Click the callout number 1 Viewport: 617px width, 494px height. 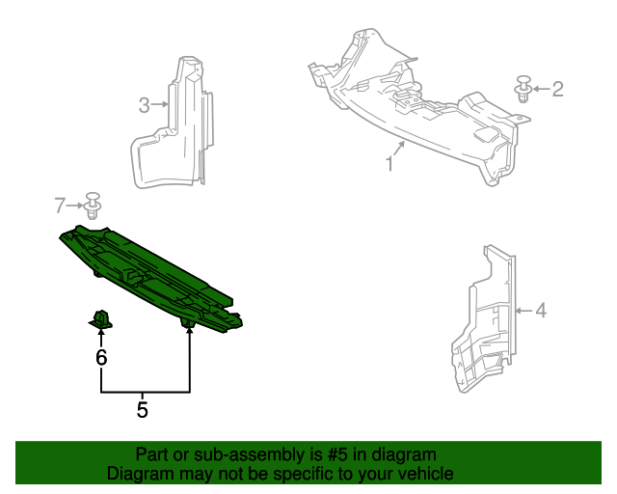[x=389, y=163]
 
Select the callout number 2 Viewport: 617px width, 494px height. [x=557, y=89]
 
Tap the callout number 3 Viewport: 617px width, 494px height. [x=144, y=105]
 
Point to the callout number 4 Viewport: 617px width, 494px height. [x=541, y=310]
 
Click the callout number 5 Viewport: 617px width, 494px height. [x=142, y=410]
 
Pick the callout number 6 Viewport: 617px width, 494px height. [x=101, y=358]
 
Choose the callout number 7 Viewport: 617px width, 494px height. [x=61, y=205]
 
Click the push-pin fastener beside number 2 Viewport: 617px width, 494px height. [x=523, y=88]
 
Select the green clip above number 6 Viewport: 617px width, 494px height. [x=101, y=317]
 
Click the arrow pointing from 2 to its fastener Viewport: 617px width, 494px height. [x=541, y=89]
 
